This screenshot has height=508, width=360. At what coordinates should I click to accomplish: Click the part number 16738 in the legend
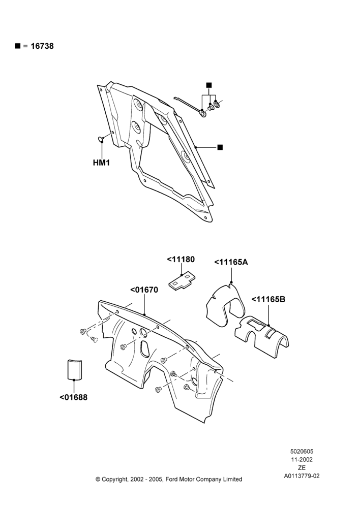(x=42, y=46)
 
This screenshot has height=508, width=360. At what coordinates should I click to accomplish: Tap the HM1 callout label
(x=101, y=163)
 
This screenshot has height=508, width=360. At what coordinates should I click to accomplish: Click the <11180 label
(x=181, y=260)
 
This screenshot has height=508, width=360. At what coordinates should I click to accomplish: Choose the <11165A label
(x=231, y=262)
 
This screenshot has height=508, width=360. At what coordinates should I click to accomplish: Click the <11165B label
(x=268, y=299)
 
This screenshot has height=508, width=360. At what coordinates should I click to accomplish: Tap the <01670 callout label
(x=144, y=290)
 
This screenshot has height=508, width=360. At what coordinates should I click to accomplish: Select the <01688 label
(x=73, y=397)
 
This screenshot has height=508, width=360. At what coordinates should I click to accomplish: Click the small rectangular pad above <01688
(x=74, y=369)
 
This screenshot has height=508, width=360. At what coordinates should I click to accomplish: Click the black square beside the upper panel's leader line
(x=220, y=147)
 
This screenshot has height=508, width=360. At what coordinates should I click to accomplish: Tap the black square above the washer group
(x=209, y=85)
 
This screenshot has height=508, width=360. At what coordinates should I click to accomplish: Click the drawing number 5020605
(x=302, y=451)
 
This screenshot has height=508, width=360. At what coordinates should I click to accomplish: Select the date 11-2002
(x=302, y=459)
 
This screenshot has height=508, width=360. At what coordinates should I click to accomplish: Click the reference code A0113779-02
(x=302, y=476)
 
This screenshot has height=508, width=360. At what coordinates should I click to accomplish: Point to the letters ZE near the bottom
(x=302, y=468)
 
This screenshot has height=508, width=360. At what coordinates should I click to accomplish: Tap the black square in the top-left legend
(x=17, y=46)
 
